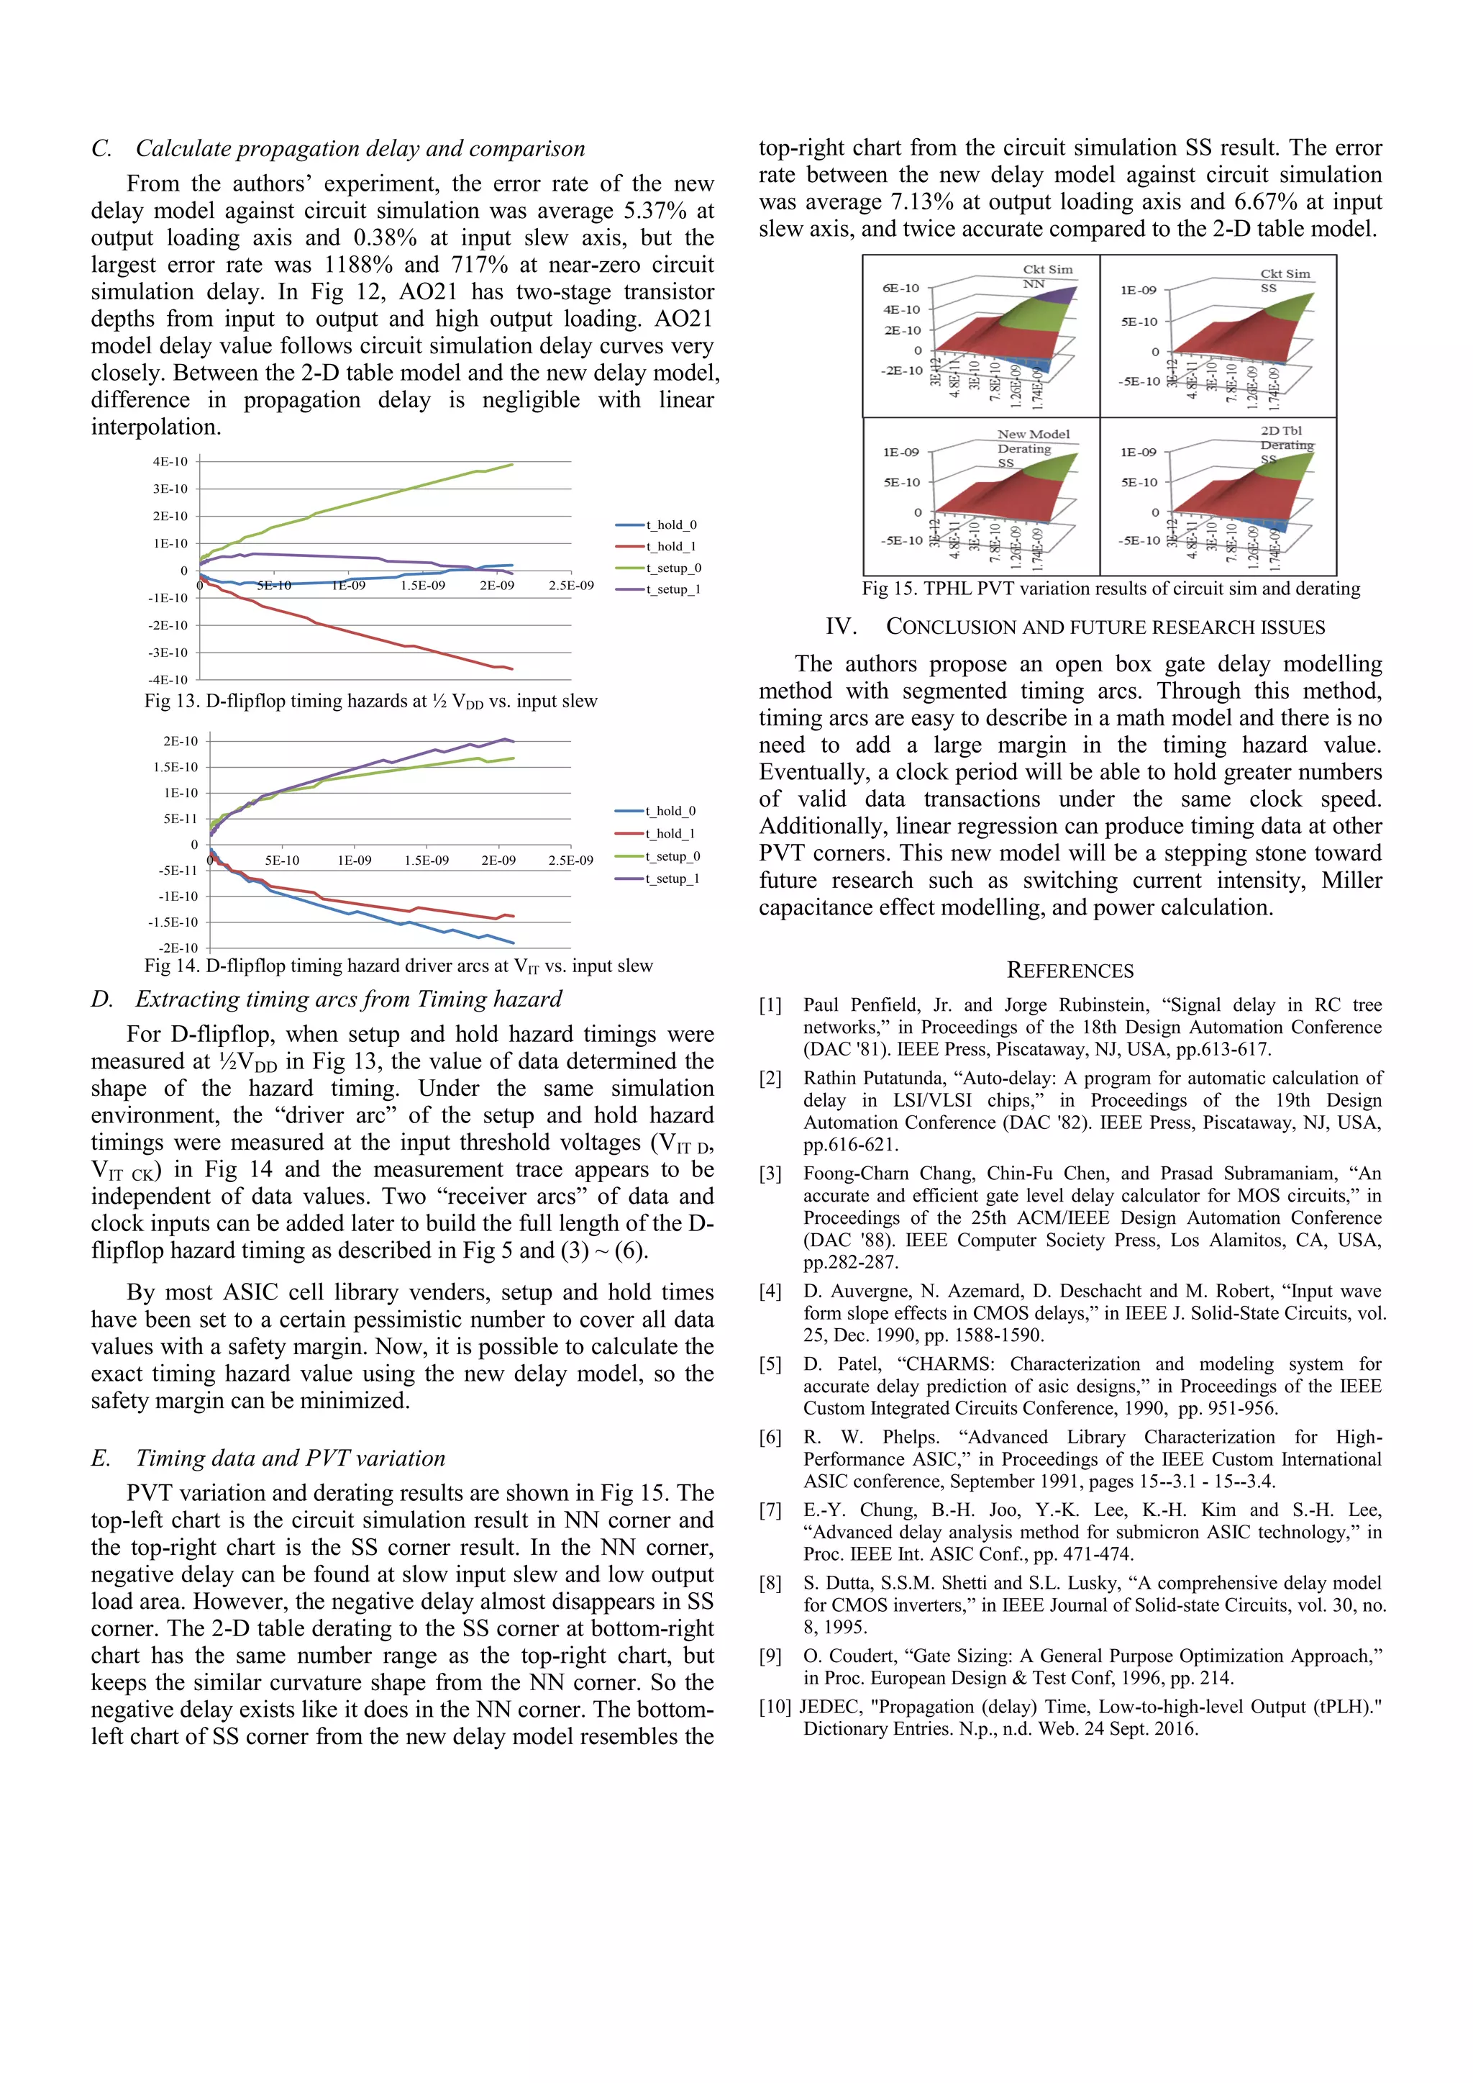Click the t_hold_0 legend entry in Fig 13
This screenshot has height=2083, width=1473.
(671, 525)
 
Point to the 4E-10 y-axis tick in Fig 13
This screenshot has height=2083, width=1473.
(170, 461)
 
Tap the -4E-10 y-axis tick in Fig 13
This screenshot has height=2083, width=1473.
(169, 679)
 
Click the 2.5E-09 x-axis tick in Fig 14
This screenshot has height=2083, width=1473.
(570, 860)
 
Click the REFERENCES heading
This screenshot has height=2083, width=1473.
(1070, 971)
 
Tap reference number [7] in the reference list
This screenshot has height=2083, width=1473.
(770, 1510)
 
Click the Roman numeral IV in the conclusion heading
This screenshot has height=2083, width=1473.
(841, 627)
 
